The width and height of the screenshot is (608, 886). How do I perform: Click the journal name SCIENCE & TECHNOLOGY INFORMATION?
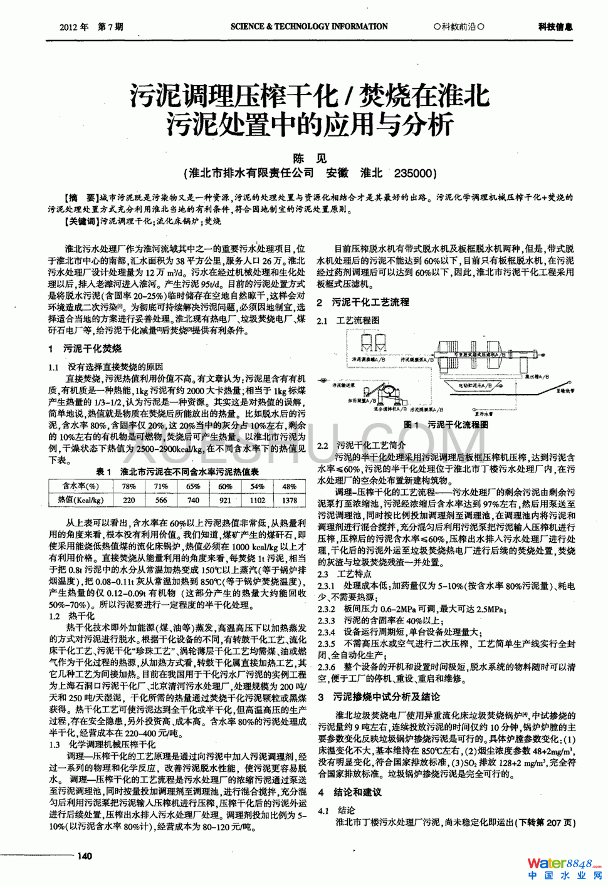309,27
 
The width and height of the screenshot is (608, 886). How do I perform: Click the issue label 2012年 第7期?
92,27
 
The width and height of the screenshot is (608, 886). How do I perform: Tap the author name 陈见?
310,159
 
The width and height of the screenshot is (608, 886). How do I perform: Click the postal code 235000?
414,174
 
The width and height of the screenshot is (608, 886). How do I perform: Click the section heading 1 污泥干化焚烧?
85,348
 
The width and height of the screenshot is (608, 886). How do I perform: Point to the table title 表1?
104,472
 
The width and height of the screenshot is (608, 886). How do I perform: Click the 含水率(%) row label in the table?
80,486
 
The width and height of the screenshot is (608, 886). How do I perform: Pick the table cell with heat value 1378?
289,500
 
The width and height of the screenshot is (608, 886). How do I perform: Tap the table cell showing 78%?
128,486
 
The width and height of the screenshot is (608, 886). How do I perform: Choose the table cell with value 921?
225,500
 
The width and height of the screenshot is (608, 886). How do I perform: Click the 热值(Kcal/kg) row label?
80,500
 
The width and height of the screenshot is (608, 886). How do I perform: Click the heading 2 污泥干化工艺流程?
363,302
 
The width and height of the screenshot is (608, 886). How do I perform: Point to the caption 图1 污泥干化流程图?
446,425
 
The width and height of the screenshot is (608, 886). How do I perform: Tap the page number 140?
84,856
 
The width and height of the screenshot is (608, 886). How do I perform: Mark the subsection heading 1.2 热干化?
71,617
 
